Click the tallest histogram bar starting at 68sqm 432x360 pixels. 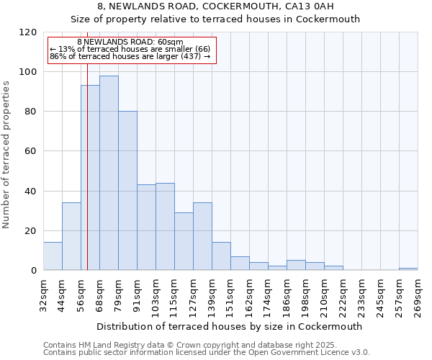(109, 173)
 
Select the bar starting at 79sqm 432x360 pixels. (127, 191)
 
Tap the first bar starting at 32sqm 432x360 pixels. (53, 256)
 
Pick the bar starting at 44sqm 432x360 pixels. (71, 236)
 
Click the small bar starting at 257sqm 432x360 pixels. (408, 269)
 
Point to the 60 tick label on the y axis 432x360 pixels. (30, 151)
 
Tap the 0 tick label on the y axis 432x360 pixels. (33, 271)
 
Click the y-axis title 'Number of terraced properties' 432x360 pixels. (6, 155)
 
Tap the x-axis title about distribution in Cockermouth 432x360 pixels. (229, 326)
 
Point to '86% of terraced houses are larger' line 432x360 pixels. (130, 56)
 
